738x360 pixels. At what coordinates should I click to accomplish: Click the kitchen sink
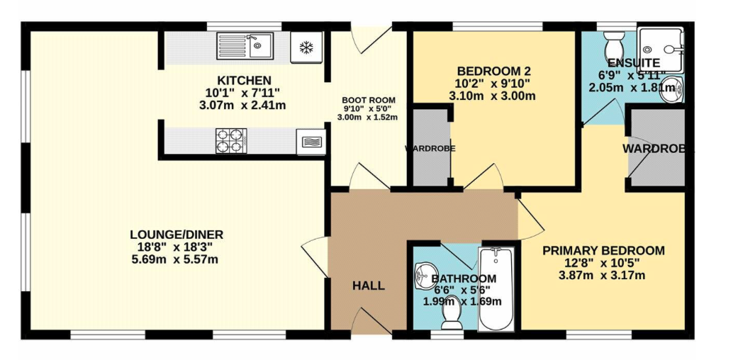coord(245,45)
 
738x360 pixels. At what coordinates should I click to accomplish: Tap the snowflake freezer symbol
coord(306,47)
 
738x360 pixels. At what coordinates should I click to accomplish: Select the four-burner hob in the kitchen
coord(231,141)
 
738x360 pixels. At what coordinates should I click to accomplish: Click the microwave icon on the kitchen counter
coord(311,142)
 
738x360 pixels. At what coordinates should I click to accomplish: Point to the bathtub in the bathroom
coord(496,289)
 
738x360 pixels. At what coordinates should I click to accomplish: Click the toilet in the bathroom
coord(452,312)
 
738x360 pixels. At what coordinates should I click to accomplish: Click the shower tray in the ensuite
coord(659,49)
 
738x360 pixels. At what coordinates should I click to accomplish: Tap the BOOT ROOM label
coord(369,100)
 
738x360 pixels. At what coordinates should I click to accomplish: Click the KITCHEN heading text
coord(245,81)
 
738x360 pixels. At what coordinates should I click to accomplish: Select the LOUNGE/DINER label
coord(177,235)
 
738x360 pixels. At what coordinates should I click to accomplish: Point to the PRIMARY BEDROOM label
coord(604,250)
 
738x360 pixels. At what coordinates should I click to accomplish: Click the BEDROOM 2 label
coord(494,72)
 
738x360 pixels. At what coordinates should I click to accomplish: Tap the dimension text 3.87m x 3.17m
coord(601,275)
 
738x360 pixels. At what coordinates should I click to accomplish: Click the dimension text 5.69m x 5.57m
coord(174,259)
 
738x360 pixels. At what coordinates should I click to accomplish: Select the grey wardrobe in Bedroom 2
coord(430,148)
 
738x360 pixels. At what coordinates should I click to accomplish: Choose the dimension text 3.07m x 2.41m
coord(242,105)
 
